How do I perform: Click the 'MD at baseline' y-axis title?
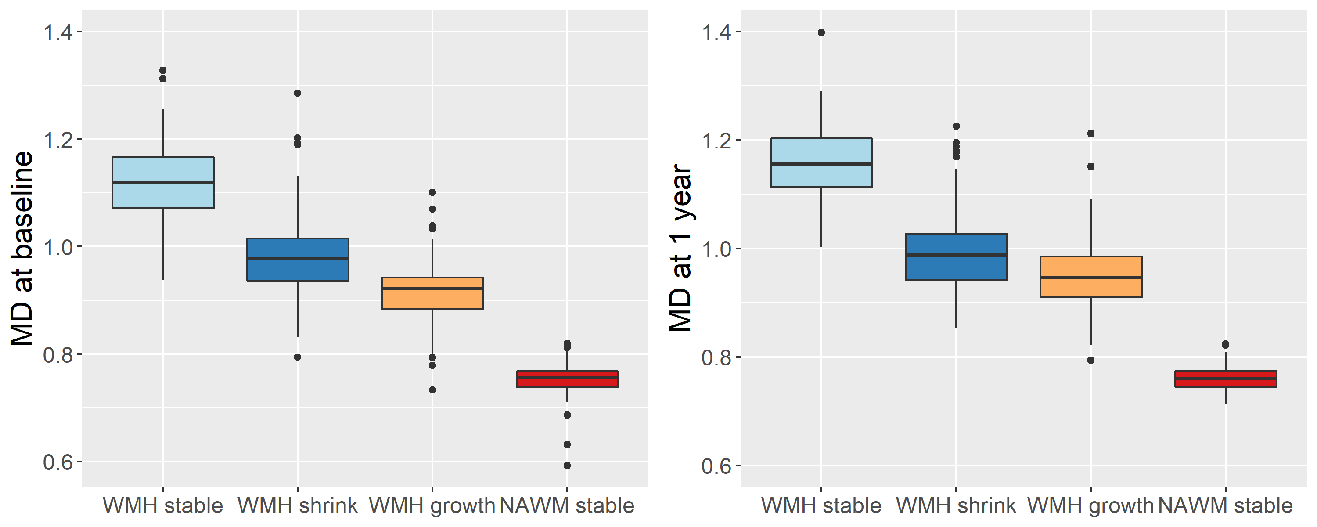click(x=22, y=248)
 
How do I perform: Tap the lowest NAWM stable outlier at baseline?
click(x=567, y=466)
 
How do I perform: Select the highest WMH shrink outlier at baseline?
click(x=298, y=93)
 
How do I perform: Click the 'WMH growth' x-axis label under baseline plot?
click(x=432, y=505)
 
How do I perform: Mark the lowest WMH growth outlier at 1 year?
click(x=1090, y=360)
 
